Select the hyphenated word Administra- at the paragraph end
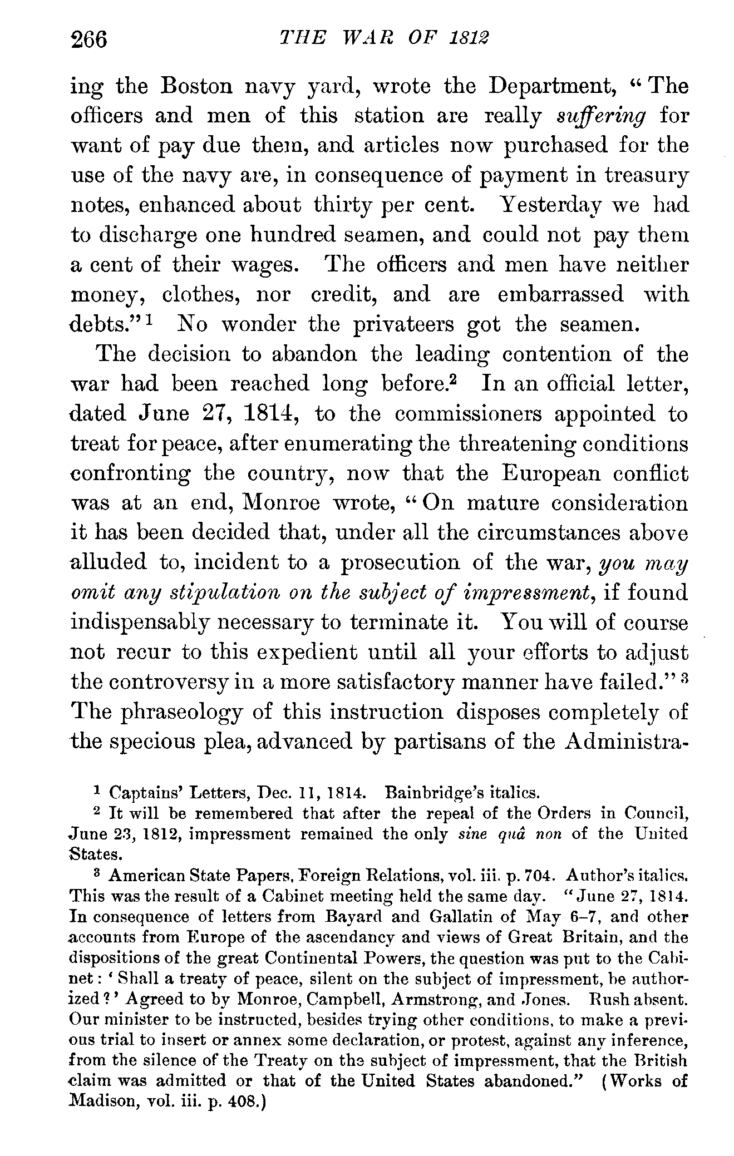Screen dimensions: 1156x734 [x=625, y=742]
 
